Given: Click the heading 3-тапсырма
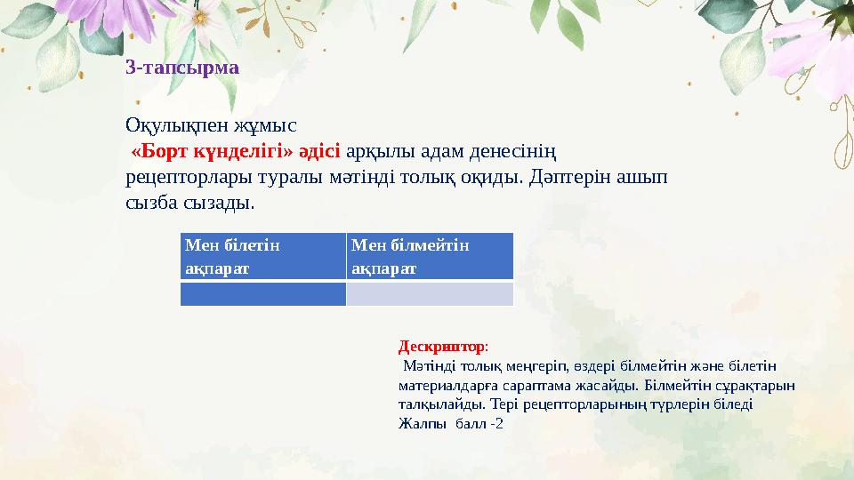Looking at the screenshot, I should tap(182, 67).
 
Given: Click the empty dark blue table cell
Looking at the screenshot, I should tap(262, 293).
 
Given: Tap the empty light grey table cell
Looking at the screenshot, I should tap(430, 293).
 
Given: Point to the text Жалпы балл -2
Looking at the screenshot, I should tap(450, 423).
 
